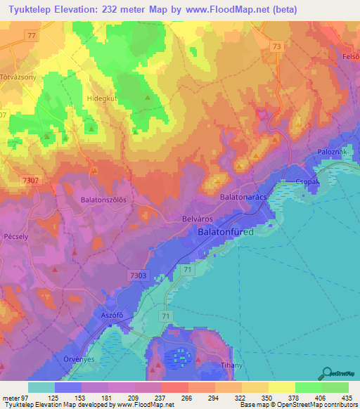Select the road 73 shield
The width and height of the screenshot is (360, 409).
[x=276, y=46]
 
